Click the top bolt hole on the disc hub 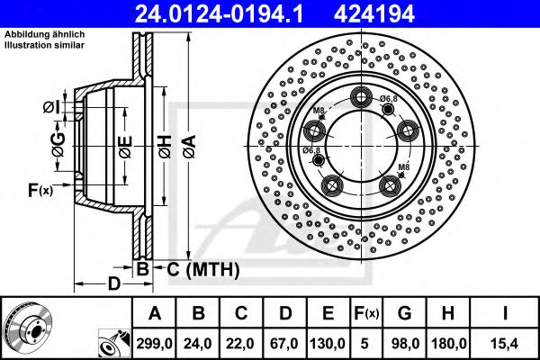[364, 98]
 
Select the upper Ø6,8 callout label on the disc [389, 98]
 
